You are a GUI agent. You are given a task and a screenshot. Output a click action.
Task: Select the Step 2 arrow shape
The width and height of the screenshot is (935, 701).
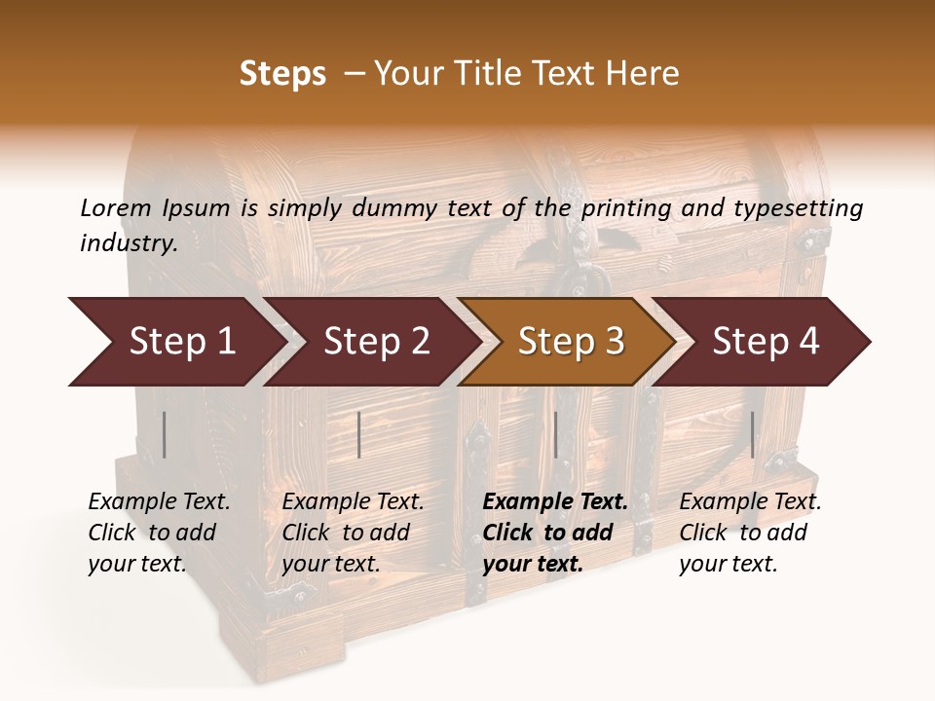click(375, 342)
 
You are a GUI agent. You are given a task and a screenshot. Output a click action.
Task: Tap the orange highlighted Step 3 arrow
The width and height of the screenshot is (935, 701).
click(570, 342)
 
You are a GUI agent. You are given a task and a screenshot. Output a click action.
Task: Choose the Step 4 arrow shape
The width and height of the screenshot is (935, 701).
click(765, 342)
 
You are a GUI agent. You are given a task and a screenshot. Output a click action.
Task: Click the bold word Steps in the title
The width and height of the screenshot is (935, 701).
click(282, 74)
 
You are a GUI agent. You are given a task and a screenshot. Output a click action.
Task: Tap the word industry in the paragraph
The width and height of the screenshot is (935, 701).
click(129, 243)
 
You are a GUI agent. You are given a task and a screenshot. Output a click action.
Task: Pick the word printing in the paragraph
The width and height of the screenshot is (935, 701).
click(624, 207)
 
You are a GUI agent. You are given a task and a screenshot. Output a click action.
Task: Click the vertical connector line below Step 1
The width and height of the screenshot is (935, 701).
click(165, 434)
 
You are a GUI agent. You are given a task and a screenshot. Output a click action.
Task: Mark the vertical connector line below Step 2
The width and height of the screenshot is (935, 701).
click(359, 434)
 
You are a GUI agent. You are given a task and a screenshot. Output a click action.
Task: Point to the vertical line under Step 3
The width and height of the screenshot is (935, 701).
click(556, 434)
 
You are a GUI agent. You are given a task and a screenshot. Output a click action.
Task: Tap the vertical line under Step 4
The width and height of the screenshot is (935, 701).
click(752, 434)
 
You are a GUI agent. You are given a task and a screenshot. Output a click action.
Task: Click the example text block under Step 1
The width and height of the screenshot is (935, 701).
click(158, 533)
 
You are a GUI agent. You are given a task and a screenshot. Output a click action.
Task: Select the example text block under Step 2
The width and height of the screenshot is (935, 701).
click(352, 533)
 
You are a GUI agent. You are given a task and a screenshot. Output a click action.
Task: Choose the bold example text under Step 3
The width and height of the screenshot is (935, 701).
click(554, 533)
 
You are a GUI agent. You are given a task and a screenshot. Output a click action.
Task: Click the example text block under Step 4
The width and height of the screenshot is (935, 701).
click(749, 533)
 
